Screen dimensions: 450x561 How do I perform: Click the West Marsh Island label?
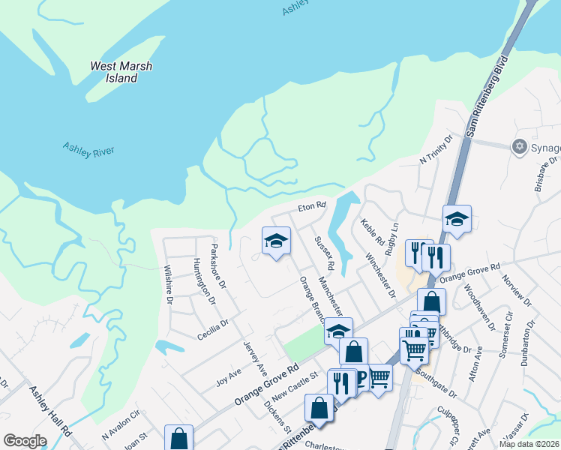[x=121, y=72]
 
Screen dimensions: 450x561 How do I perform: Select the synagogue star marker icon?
[x=518, y=146]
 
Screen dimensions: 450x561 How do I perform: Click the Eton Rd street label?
[x=312, y=205]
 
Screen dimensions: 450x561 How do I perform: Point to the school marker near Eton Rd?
[x=276, y=241]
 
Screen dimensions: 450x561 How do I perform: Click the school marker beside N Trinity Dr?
[x=457, y=219]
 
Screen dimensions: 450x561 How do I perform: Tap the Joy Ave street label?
[x=229, y=373]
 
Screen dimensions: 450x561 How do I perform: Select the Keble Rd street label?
[x=372, y=233]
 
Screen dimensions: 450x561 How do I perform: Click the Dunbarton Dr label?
[x=531, y=342]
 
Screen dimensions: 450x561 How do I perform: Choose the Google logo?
[x=25, y=441]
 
